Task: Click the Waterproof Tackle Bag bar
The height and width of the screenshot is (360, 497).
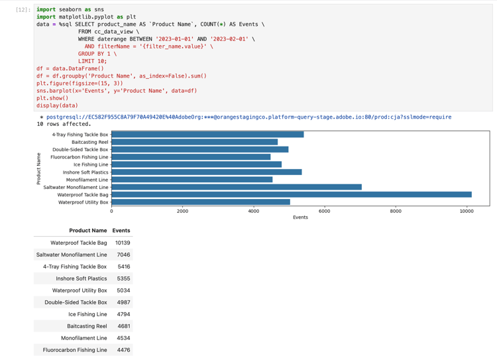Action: point(292,195)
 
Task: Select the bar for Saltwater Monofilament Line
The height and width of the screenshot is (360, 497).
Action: point(237,187)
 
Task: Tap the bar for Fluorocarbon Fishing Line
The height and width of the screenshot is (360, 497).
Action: point(191,157)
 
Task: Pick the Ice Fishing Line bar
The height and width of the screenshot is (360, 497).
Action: point(196,164)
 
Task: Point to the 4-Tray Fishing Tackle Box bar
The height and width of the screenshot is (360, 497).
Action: point(207,135)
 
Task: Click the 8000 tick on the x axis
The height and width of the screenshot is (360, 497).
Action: point(396,211)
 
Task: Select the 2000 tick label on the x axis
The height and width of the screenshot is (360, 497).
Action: point(182,211)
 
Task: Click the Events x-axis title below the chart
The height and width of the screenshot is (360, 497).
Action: point(300,217)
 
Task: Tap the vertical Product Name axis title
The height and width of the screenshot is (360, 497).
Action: point(39,168)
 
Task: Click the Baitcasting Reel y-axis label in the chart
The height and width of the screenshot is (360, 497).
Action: point(89,142)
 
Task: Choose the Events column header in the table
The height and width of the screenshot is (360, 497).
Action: point(121,231)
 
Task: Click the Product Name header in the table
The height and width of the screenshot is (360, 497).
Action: point(87,231)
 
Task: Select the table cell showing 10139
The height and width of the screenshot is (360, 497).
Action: point(122,243)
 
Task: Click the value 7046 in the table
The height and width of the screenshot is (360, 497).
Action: point(123,255)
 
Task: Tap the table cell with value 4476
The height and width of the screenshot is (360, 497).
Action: point(123,350)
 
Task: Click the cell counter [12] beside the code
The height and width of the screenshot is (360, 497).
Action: point(23,10)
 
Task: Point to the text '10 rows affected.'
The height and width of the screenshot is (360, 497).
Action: point(64,124)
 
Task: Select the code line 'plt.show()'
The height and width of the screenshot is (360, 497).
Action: point(52,98)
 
